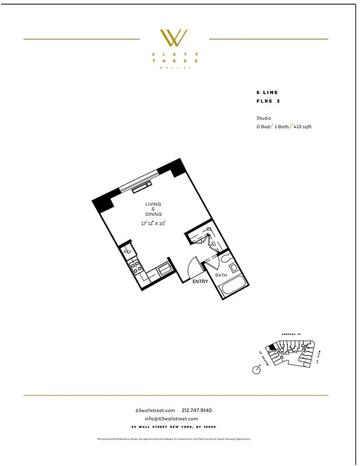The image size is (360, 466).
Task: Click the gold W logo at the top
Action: point(174,38)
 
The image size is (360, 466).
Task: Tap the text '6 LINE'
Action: point(267,93)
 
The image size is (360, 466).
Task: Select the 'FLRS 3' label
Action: point(268,101)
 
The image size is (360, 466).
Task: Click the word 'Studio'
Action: point(263,118)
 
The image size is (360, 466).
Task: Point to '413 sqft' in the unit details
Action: point(302,126)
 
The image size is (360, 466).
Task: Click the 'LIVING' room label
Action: point(153,204)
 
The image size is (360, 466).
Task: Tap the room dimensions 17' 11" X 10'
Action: point(153,223)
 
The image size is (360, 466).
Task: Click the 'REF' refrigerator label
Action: point(126,252)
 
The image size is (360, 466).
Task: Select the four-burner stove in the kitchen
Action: point(136,267)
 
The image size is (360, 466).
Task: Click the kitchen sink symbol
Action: point(165,269)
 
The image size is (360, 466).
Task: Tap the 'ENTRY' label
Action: point(200,281)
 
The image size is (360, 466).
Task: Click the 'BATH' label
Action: point(221,275)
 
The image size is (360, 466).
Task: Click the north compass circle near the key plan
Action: point(256,369)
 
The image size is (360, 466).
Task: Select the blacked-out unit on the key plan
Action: point(271,347)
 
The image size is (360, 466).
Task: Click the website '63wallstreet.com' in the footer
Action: point(154,411)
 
